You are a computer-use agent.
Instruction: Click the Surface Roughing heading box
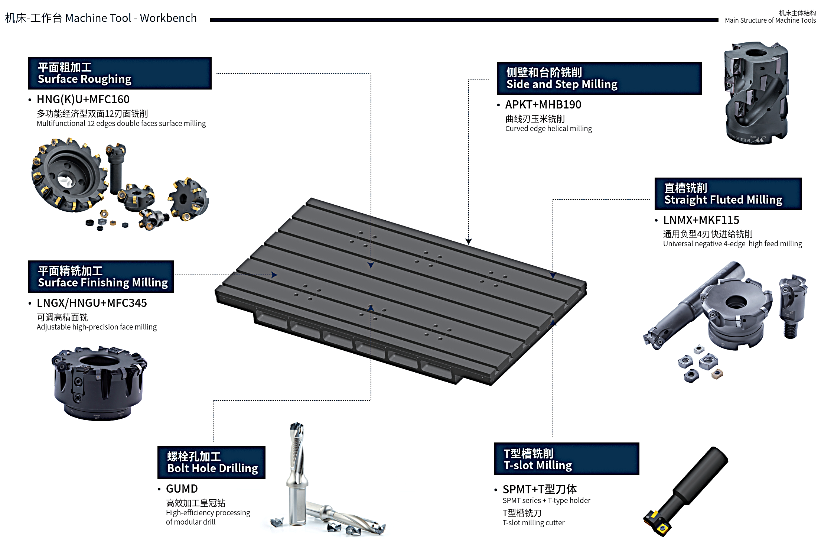tap(120, 73)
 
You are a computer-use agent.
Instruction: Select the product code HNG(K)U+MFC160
tap(83, 100)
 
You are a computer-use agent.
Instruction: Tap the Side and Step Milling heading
tap(599, 78)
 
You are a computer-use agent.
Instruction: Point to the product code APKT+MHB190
tap(543, 105)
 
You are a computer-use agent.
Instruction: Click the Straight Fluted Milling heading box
tap(728, 194)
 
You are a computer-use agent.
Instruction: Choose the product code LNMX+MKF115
tap(701, 220)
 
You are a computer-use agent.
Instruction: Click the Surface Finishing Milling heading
tap(101, 277)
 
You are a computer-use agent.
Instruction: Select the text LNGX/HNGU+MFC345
tap(92, 303)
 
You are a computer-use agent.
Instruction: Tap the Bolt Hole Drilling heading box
tap(211, 463)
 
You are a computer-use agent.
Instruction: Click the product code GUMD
tap(182, 489)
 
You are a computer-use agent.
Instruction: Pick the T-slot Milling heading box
tap(567, 459)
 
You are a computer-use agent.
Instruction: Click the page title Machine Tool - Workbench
tap(131, 18)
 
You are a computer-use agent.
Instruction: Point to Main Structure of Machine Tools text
tap(770, 20)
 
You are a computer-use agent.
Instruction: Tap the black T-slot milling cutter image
tap(685, 491)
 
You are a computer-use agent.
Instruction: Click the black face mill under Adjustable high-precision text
tap(99, 383)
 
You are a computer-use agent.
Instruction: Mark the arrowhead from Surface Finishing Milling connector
tap(274, 275)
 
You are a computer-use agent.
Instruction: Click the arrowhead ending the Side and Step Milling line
tap(469, 241)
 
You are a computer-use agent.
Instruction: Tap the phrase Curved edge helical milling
tap(548, 129)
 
